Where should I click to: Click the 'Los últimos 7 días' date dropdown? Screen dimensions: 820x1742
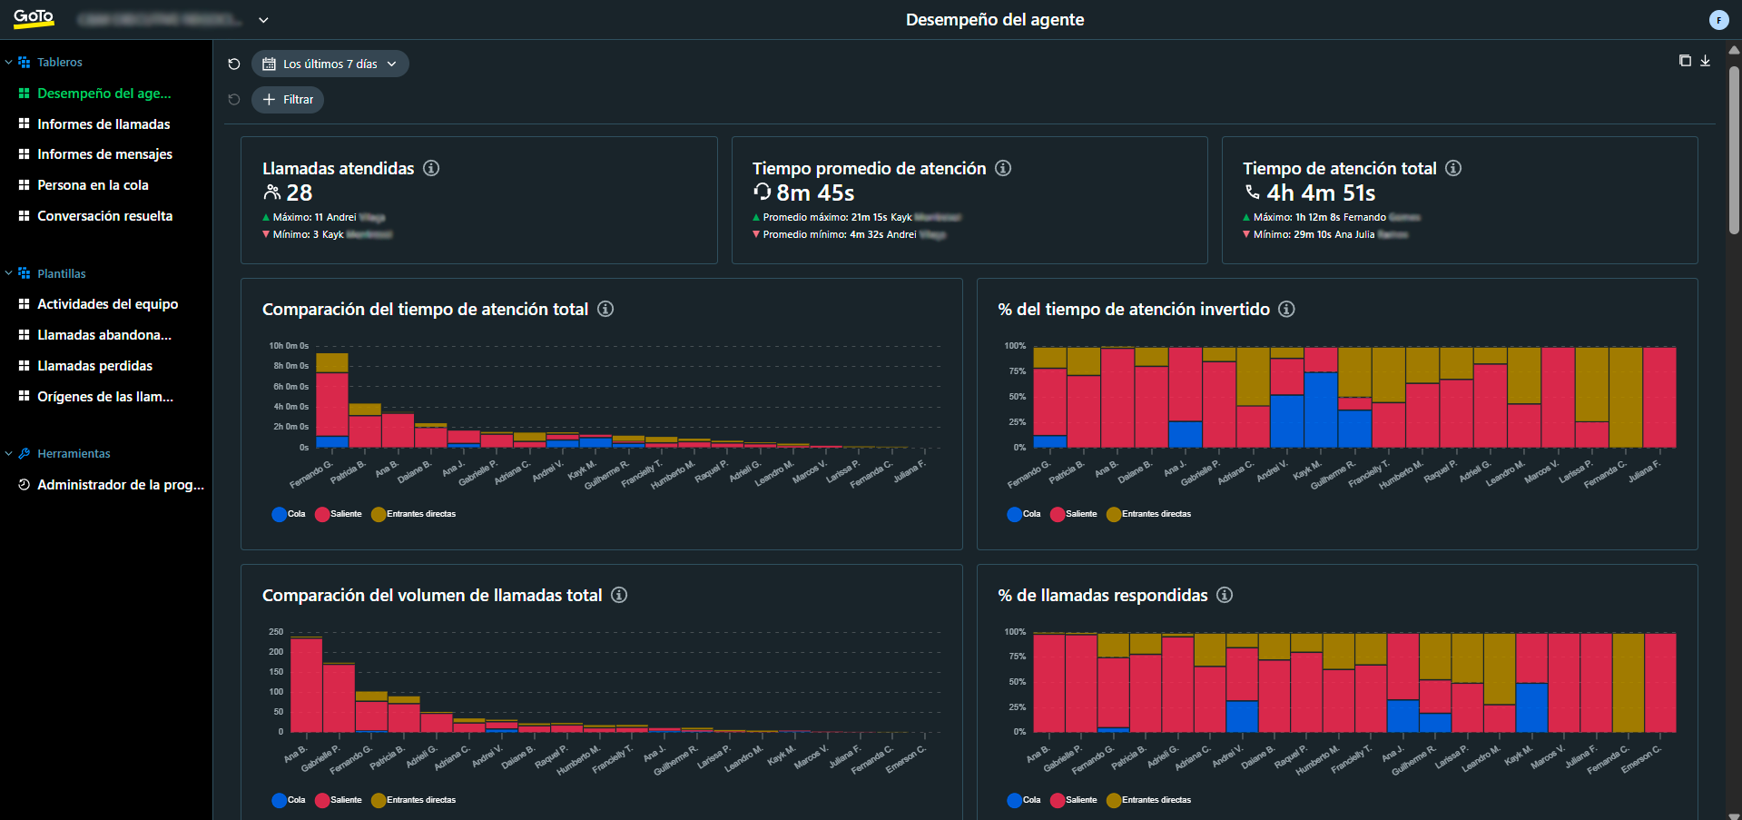pos(330,64)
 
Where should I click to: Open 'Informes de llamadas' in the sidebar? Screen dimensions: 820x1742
pos(103,124)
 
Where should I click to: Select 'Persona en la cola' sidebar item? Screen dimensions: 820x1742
pos(93,185)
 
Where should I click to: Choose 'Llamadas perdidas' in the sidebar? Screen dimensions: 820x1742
pos(94,366)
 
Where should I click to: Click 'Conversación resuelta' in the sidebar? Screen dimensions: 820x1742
pos(104,216)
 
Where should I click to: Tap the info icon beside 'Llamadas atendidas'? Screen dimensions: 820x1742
pos(431,168)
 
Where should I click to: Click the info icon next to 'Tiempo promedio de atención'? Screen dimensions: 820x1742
pos(1003,168)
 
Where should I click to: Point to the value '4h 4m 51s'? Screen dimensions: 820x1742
pos(1321,193)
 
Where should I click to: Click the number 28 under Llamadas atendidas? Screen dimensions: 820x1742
pos(300,193)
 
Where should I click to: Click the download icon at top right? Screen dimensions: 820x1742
pos(1706,61)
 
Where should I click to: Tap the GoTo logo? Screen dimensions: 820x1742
pos(34,18)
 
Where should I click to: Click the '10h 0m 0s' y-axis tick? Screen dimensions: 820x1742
pos(289,346)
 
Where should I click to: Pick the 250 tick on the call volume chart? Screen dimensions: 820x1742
pos(276,632)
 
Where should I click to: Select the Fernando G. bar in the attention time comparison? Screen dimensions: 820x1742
pos(331,400)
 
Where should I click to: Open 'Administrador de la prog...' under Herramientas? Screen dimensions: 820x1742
pos(120,485)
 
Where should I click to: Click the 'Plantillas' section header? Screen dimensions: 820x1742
pos(61,273)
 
